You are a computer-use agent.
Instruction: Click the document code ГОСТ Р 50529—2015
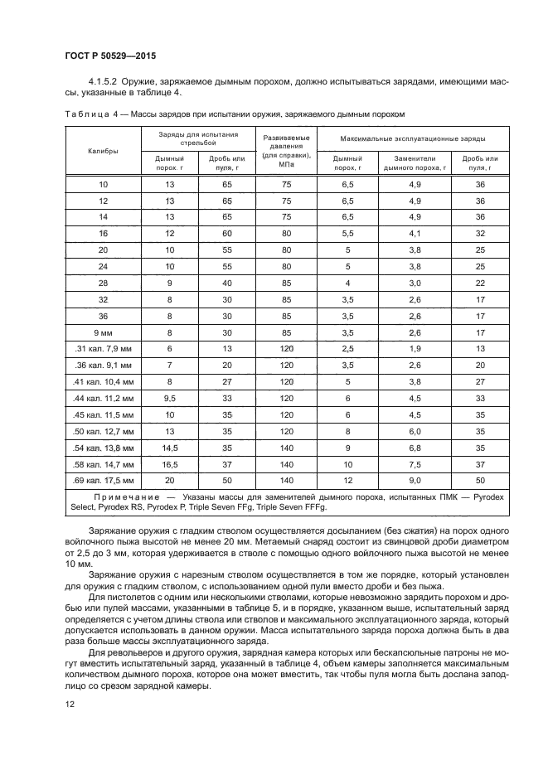[x=110, y=56]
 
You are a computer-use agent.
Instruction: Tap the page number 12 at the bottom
[x=68, y=704]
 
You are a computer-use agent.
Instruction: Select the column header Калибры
[x=104, y=151]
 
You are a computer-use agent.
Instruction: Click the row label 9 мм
[x=104, y=332]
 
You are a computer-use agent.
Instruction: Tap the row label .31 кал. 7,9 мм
[x=104, y=350]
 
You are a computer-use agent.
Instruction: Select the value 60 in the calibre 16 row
[x=227, y=235]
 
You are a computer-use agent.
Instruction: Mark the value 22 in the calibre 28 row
[x=480, y=283]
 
